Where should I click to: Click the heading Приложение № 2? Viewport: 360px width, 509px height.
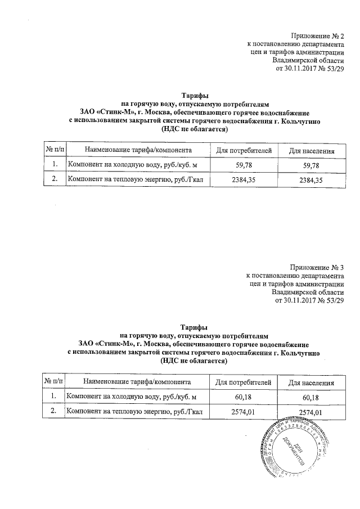click(317, 35)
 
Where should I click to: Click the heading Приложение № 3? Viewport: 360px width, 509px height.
click(316, 267)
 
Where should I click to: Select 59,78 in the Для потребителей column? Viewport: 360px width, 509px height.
click(244, 165)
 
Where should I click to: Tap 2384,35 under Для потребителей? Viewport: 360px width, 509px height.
click(244, 180)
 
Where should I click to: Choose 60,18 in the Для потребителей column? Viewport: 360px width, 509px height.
click(244, 398)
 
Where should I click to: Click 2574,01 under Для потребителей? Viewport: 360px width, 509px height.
click(244, 412)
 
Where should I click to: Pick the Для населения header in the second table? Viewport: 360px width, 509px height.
click(312, 383)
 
